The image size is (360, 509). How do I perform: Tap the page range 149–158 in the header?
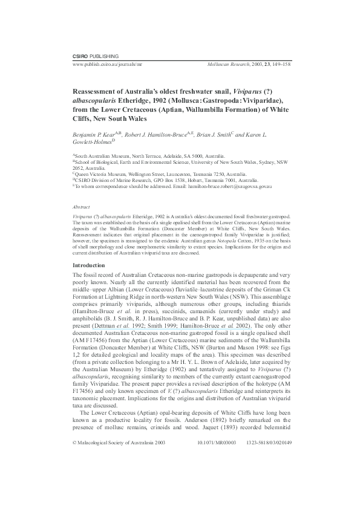tap(279, 63)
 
